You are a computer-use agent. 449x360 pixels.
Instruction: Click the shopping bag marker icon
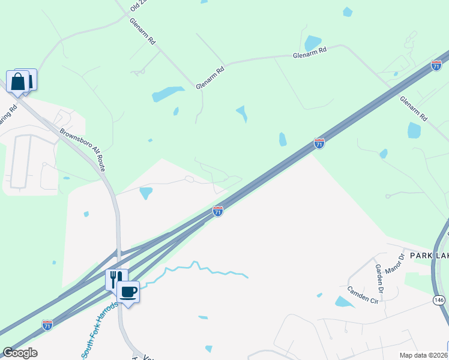tap(18, 82)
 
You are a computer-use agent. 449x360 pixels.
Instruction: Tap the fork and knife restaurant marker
tap(116, 279)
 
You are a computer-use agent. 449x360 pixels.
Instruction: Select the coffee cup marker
tap(128, 292)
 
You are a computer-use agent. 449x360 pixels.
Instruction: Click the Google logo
tap(20, 353)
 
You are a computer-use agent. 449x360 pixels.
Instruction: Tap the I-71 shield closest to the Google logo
tap(47, 325)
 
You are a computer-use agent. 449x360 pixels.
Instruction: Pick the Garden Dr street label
tap(379, 274)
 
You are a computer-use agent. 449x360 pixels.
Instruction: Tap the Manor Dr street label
tap(396, 263)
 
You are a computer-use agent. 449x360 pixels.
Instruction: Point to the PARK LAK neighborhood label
tap(429, 256)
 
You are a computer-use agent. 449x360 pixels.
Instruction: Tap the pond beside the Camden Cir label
tap(345, 302)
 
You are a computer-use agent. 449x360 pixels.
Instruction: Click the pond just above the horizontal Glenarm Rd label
tap(312, 42)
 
